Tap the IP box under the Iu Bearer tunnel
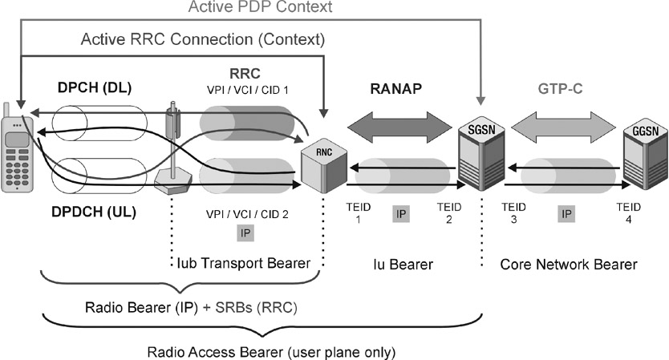pos(402,213)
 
